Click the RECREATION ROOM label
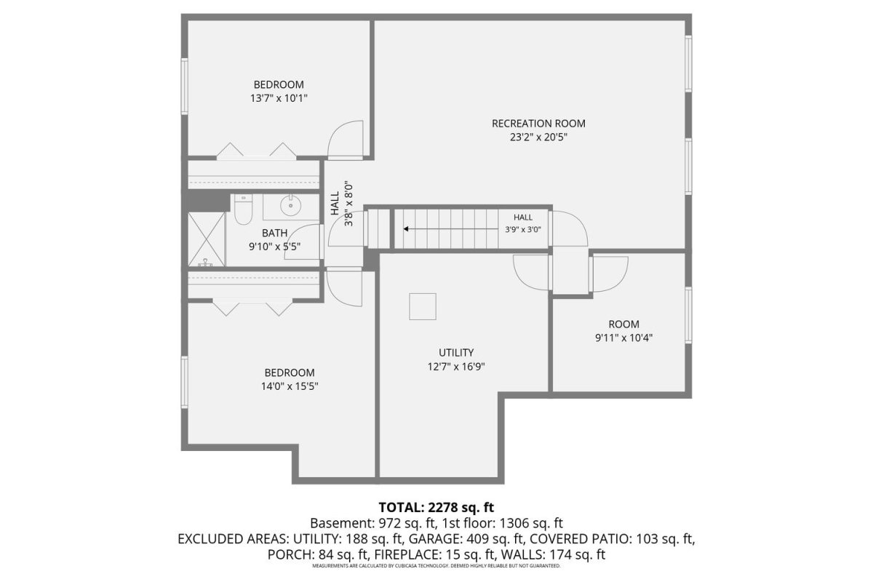[538, 124]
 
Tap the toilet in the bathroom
[244, 210]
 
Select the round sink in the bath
[291, 205]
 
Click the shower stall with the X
[207, 239]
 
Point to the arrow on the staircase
[450, 229]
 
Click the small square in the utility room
[423, 306]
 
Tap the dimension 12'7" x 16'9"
[456, 367]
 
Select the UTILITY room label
[456, 353]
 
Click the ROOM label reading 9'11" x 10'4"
[623, 324]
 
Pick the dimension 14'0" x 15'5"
[290, 386]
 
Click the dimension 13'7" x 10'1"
[279, 98]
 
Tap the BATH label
[274, 233]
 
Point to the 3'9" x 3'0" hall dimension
[523, 230]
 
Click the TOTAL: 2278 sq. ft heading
[436, 508]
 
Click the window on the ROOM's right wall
[688, 315]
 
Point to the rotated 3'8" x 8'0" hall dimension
[348, 203]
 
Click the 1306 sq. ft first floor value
[531, 523]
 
